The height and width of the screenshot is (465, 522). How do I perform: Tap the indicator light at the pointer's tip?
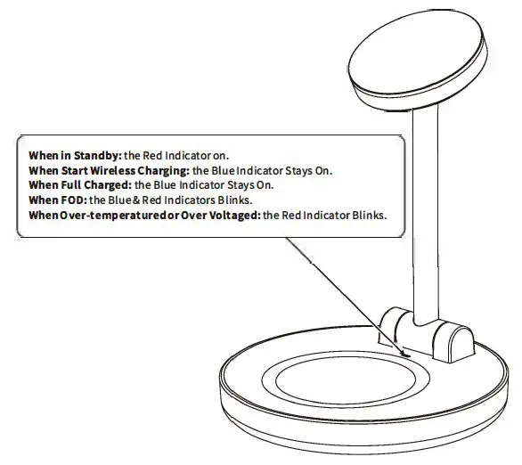click(403, 355)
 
